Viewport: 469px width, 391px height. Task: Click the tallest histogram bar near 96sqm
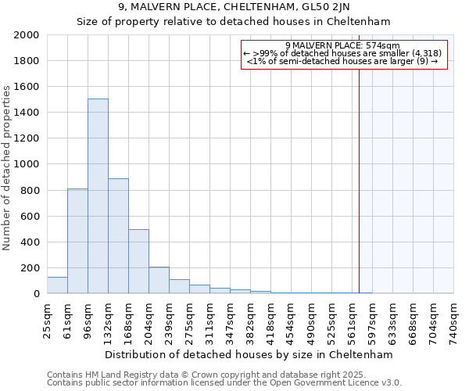pyautogui.click(x=98, y=195)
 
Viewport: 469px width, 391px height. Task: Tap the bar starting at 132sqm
pyautogui.click(x=118, y=235)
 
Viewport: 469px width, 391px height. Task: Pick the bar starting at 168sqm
pyautogui.click(x=138, y=261)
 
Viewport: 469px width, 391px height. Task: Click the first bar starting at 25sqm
pyautogui.click(x=57, y=285)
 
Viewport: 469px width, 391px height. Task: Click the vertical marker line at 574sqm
pyautogui.click(x=360, y=180)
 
